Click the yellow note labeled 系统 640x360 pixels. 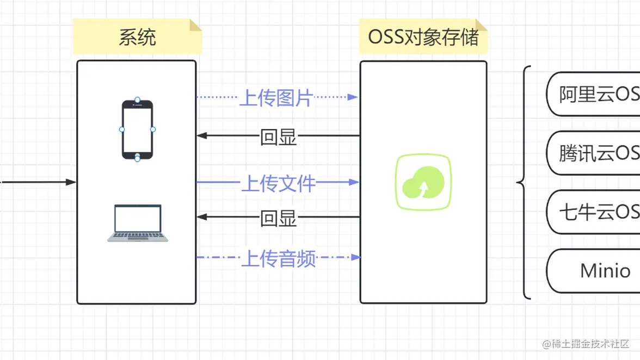(137, 37)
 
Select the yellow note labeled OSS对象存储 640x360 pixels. (423, 37)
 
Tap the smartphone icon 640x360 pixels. (137, 129)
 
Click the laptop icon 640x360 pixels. (137, 223)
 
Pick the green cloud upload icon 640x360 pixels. (423, 182)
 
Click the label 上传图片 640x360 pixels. (276, 98)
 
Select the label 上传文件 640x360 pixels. (278, 183)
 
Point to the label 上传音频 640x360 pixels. (278, 258)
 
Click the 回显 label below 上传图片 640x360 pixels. (278, 137)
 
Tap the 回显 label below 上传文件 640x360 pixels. (278, 218)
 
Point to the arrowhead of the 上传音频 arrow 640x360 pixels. (356, 257)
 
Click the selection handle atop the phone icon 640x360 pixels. (137, 100)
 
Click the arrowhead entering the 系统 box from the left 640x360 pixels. (71, 182)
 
